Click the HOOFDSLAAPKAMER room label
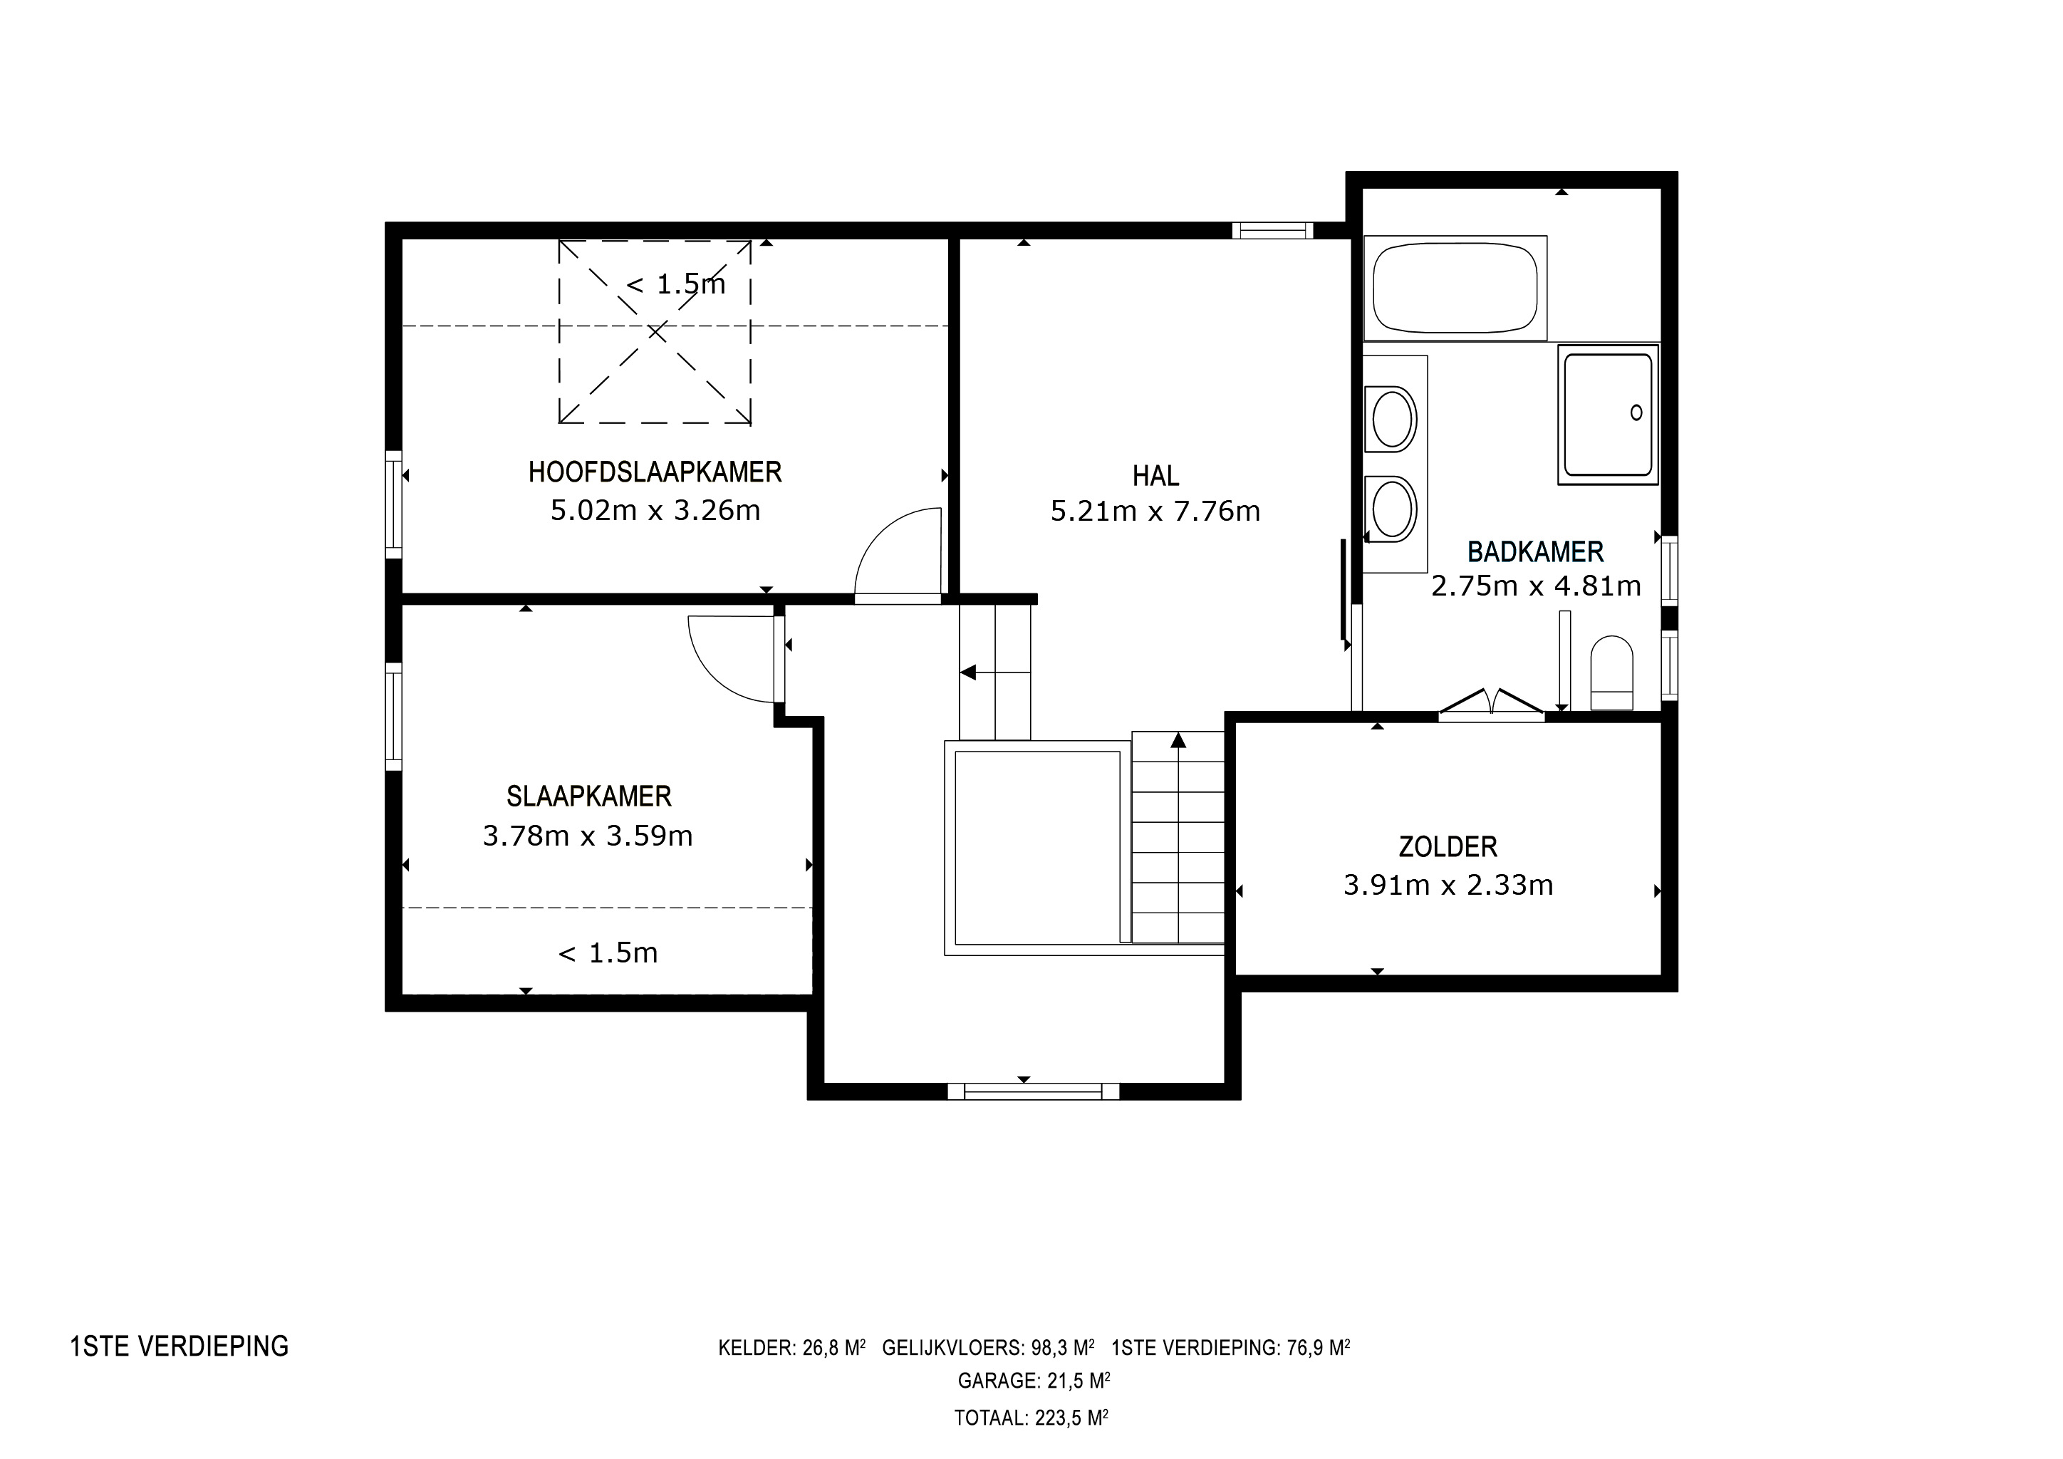(655, 472)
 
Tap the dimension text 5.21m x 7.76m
(1155, 512)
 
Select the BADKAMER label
(1536, 551)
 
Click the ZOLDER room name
(1448, 846)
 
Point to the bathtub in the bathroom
(1455, 288)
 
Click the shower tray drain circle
(1636, 412)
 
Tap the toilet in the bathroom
(1612, 673)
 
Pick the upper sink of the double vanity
(1391, 417)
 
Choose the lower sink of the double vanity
(1391, 509)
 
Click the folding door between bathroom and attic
(1492, 705)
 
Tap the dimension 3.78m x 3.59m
(588, 836)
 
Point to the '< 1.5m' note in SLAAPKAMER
(608, 952)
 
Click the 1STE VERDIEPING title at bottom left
(180, 1346)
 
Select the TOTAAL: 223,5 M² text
(1031, 1418)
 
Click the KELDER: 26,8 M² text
(791, 1348)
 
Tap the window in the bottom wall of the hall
(1034, 1091)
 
